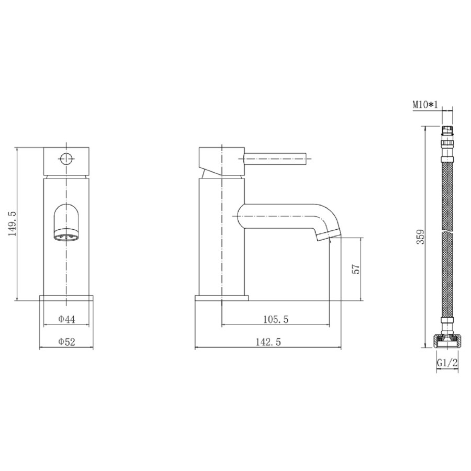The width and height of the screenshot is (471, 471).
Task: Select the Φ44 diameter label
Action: click(x=67, y=318)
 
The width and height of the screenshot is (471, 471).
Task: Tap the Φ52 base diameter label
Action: click(x=67, y=342)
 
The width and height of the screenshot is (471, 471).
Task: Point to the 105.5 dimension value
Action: click(x=275, y=318)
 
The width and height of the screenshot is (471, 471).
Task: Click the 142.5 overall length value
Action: click(x=268, y=342)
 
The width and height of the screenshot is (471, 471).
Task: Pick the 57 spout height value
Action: click(x=355, y=269)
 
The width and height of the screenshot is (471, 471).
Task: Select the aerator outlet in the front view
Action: click(x=67, y=237)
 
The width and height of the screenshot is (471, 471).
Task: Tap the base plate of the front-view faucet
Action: click(x=67, y=299)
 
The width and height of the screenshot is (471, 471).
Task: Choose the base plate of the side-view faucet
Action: click(x=222, y=299)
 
